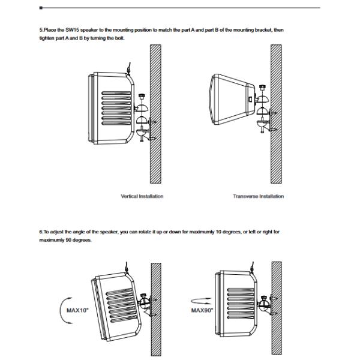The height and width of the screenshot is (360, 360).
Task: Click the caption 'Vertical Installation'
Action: (142, 196)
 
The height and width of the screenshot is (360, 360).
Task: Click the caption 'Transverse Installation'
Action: (258, 196)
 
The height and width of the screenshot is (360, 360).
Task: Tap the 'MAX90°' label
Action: (202, 310)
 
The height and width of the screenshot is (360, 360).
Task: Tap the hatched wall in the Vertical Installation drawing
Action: (155, 120)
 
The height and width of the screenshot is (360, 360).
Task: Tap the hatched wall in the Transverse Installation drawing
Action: (275, 120)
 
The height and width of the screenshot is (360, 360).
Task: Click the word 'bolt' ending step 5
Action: (119, 38)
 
